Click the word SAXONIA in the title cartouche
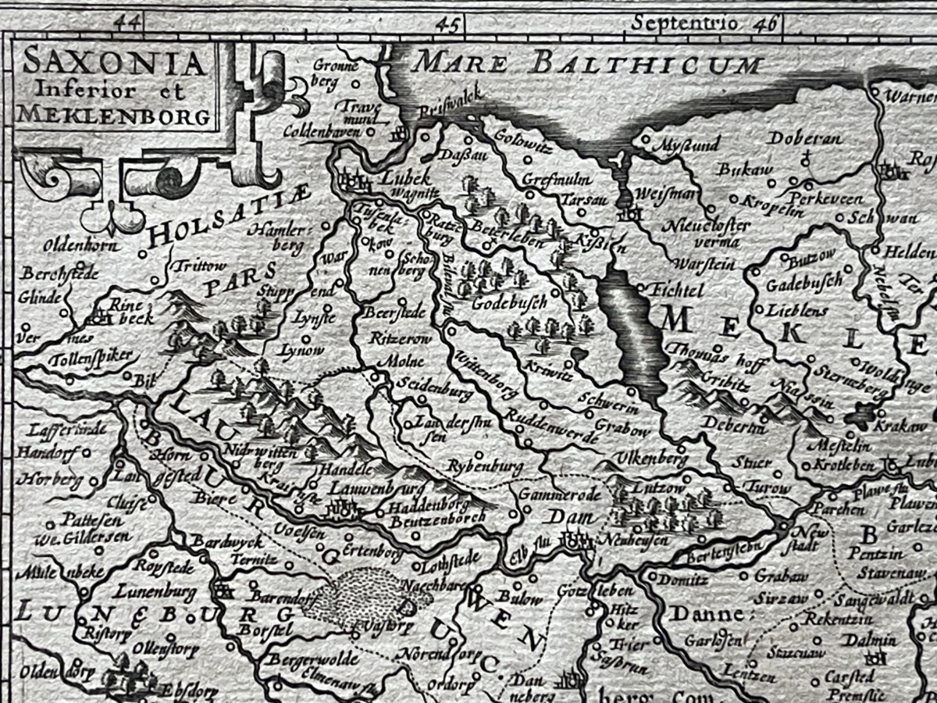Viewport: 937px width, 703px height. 114,62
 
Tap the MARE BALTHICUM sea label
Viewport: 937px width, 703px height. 588,63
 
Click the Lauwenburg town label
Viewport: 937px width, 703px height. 371,488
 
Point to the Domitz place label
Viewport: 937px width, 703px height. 682,580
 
